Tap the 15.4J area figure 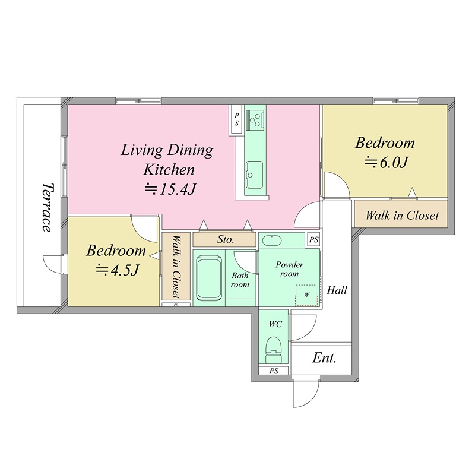[x=170, y=189]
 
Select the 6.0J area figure [x=387, y=163]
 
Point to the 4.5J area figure [x=118, y=270]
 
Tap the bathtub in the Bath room [x=209, y=278]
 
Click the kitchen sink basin [x=254, y=175]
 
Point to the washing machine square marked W [x=306, y=295]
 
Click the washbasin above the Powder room [x=272, y=240]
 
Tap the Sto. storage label [x=226, y=239]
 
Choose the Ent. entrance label [x=324, y=358]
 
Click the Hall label [x=337, y=290]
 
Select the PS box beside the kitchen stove [x=236, y=119]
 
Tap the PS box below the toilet [x=274, y=370]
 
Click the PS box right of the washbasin [x=314, y=240]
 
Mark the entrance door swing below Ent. [x=306, y=394]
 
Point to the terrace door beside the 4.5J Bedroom [x=53, y=264]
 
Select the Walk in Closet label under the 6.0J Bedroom [x=402, y=216]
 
